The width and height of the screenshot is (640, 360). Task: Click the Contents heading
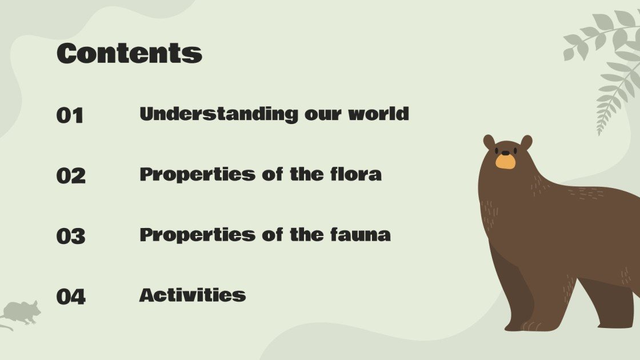tap(129, 53)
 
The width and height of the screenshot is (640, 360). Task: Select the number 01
tap(70, 115)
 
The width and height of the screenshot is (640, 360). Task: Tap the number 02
tap(71, 175)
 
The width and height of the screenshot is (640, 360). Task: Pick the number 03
tap(71, 236)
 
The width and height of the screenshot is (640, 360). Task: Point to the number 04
tap(71, 297)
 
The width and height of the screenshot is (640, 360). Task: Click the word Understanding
tap(219, 114)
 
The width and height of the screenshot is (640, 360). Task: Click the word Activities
tap(193, 295)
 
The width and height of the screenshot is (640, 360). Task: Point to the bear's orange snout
tap(505, 162)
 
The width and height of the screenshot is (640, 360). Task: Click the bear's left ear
tap(489, 142)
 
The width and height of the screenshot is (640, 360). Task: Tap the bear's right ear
tap(526, 142)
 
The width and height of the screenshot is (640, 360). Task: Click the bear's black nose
tap(505, 153)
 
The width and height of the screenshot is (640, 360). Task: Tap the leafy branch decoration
tap(606, 63)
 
